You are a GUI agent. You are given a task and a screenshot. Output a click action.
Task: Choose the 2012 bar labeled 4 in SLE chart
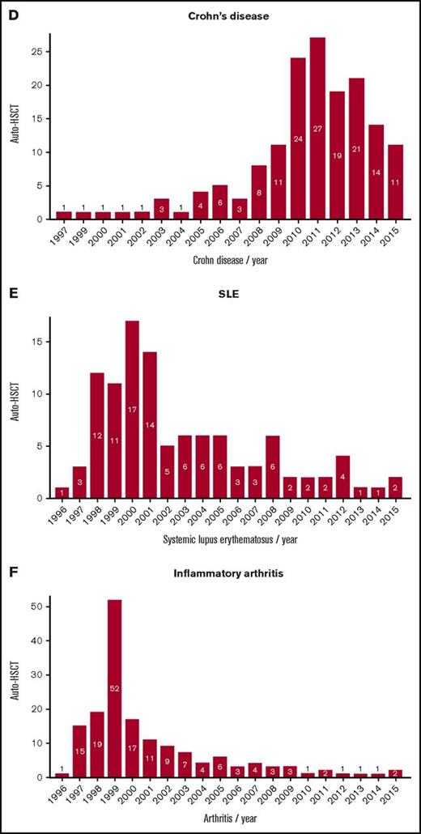coord(342,478)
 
